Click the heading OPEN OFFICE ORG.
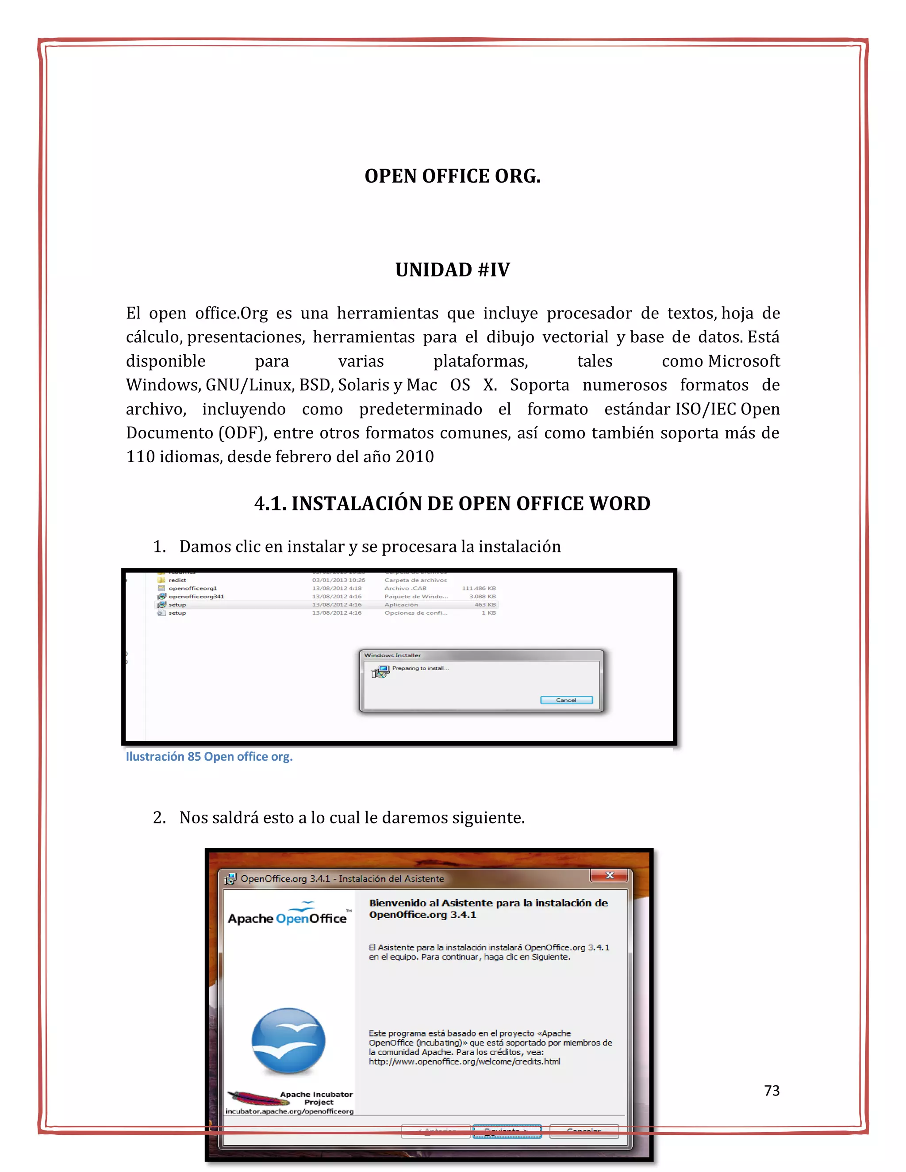coord(453,176)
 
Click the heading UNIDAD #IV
coord(453,269)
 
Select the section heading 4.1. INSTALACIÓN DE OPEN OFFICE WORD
coord(453,503)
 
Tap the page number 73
coord(771,1091)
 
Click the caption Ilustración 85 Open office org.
coord(209,757)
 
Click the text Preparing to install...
coord(420,669)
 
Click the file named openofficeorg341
coord(196,597)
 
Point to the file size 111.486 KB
coord(478,589)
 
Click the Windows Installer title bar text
coord(392,655)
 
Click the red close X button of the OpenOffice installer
coord(609,875)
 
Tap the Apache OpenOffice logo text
coord(287,919)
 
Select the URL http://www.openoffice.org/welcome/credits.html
coord(464,1061)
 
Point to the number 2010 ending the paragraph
coord(415,457)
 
